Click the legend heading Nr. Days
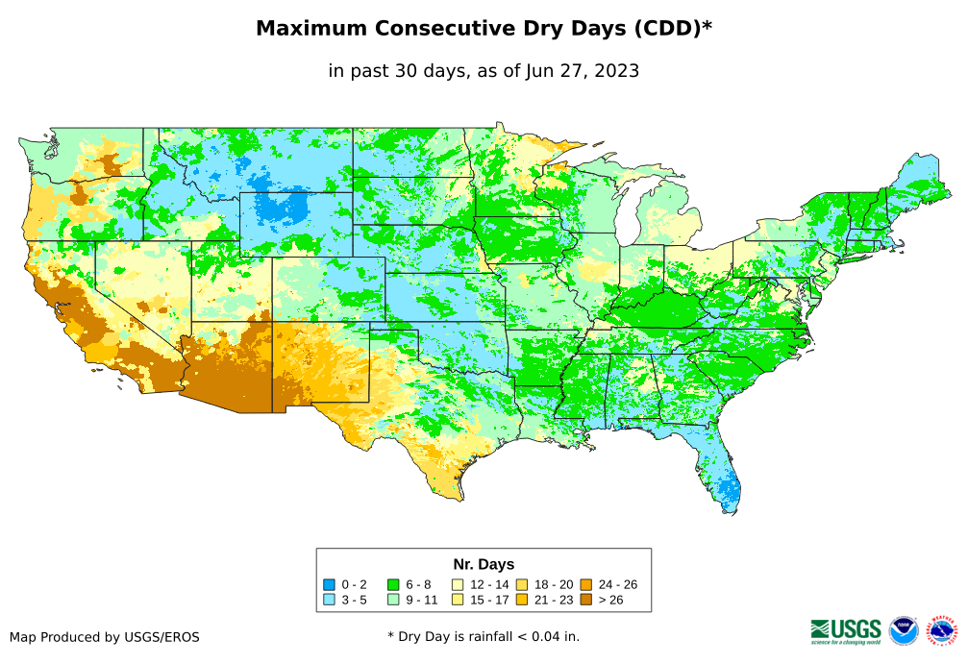(x=484, y=564)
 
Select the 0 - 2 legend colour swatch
(x=329, y=584)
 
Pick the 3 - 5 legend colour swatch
(x=329, y=600)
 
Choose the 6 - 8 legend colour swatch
(x=392, y=584)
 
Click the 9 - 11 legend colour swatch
(x=392, y=600)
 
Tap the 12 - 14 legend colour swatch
(x=457, y=584)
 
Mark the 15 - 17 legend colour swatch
(x=457, y=600)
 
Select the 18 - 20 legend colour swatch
(x=521, y=584)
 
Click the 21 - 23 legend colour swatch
(x=521, y=600)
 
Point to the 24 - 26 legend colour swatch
(x=585, y=584)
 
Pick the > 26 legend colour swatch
(x=585, y=600)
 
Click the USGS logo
(x=846, y=630)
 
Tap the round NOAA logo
(x=904, y=630)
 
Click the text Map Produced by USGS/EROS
(x=105, y=637)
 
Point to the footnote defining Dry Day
(x=484, y=636)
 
